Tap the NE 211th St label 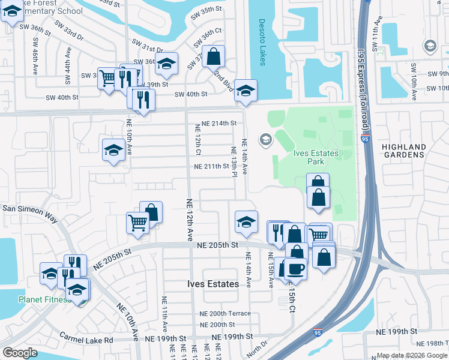pyautogui.click(x=211, y=166)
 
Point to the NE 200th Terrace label pyautogui.click(x=226, y=314)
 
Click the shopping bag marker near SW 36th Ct pyautogui.click(x=213, y=57)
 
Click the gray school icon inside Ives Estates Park pyautogui.click(x=265, y=140)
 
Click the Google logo pyautogui.click(x=20, y=353)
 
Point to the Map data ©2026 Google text pyautogui.click(x=411, y=355)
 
